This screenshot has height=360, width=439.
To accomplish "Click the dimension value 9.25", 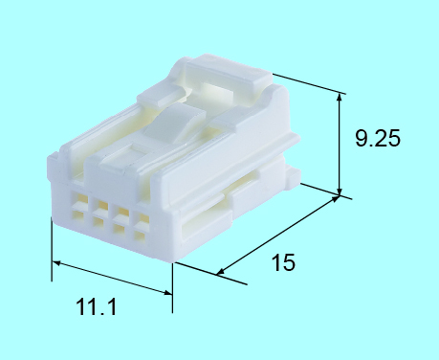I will (376, 138).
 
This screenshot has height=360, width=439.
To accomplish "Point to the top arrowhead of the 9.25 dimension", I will (341, 97).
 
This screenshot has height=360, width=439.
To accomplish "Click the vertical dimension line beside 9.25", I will (341, 144).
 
